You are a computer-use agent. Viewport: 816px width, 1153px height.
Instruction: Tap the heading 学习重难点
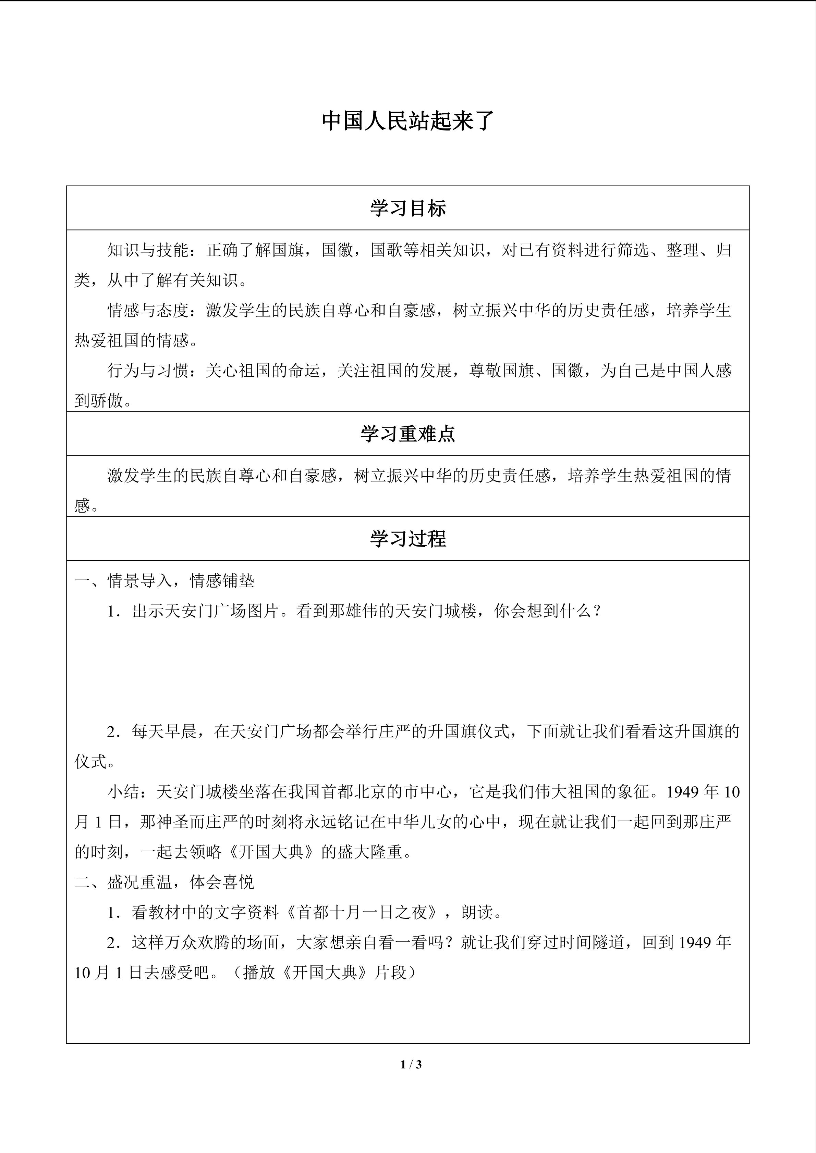(407, 434)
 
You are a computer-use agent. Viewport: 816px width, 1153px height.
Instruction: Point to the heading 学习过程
(407, 539)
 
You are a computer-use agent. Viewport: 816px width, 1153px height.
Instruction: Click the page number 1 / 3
(411, 1064)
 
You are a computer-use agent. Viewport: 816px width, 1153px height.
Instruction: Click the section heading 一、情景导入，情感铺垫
(164, 581)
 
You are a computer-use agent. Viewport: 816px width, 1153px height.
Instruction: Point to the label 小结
(124, 792)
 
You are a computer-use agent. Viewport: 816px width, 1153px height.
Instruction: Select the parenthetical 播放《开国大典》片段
(329, 973)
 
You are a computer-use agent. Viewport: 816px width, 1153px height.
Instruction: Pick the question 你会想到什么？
(548, 611)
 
